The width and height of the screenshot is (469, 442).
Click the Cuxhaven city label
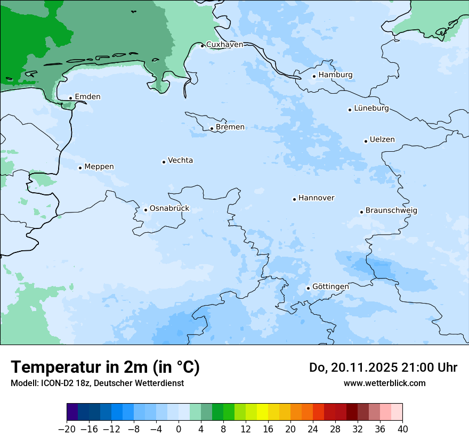tap(224, 44)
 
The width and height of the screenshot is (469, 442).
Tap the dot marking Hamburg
tap(314, 76)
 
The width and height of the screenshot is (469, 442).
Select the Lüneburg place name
tap(371, 108)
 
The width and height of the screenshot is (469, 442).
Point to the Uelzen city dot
tap(366, 141)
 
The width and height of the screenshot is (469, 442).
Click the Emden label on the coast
tap(87, 96)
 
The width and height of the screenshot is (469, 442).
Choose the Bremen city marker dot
tap(212, 128)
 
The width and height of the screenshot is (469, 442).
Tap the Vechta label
tap(180, 160)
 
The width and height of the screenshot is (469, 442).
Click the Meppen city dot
tap(80, 168)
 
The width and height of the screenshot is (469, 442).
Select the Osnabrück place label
tap(169, 208)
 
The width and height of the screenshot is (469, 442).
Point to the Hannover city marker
tap(294, 199)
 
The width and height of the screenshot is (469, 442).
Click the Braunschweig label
tap(391, 210)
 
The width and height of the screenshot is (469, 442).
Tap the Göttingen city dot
tap(308, 288)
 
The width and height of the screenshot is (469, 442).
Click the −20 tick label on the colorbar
tap(67, 429)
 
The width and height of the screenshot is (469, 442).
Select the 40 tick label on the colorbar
tap(402, 429)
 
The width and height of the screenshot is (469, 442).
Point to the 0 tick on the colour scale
tap(179, 429)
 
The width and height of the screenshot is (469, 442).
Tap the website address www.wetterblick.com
tap(384, 383)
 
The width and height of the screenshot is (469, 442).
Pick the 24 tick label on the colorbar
tap(313, 429)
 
